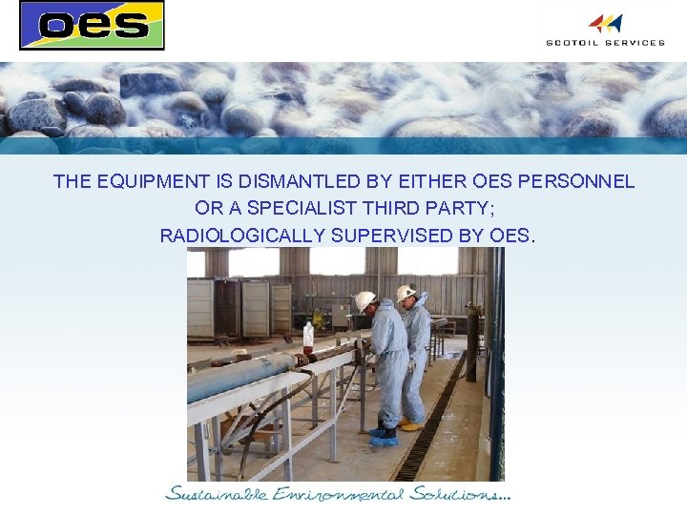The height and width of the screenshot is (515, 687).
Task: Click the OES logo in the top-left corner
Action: (x=92, y=25)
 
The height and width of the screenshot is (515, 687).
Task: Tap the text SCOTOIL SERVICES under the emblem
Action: (x=605, y=42)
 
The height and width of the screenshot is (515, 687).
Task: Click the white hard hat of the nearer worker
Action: (x=365, y=300)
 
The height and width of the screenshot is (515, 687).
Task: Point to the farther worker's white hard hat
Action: (x=406, y=292)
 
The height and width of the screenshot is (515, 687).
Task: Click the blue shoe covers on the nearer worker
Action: (x=383, y=438)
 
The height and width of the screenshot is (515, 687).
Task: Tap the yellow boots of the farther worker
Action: (x=411, y=423)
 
